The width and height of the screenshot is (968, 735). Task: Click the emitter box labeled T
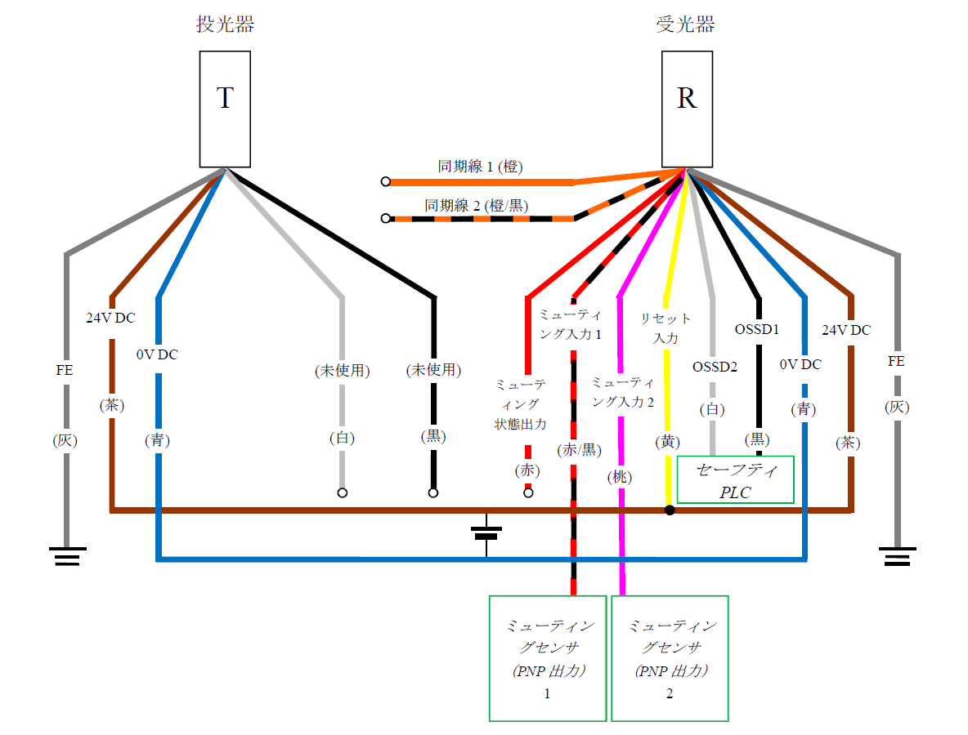click(225, 109)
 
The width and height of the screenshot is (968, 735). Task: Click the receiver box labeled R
click(687, 109)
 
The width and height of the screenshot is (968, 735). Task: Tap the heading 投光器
click(225, 25)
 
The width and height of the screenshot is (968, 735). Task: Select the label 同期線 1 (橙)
click(480, 167)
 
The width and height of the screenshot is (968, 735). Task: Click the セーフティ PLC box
click(735, 480)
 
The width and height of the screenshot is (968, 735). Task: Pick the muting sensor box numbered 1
click(547, 658)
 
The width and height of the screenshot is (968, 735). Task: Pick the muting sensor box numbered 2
click(670, 658)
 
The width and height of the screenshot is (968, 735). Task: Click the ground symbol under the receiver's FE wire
click(898, 557)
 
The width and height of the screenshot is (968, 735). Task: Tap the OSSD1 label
click(758, 330)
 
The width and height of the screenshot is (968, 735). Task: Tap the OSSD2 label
click(715, 367)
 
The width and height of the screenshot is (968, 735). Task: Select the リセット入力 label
click(665, 327)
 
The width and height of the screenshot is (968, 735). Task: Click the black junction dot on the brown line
click(670, 510)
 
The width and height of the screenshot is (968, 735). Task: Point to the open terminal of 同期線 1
click(385, 181)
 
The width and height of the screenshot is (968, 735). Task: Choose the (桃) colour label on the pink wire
click(621, 478)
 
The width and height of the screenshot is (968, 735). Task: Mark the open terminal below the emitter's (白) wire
click(343, 492)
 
